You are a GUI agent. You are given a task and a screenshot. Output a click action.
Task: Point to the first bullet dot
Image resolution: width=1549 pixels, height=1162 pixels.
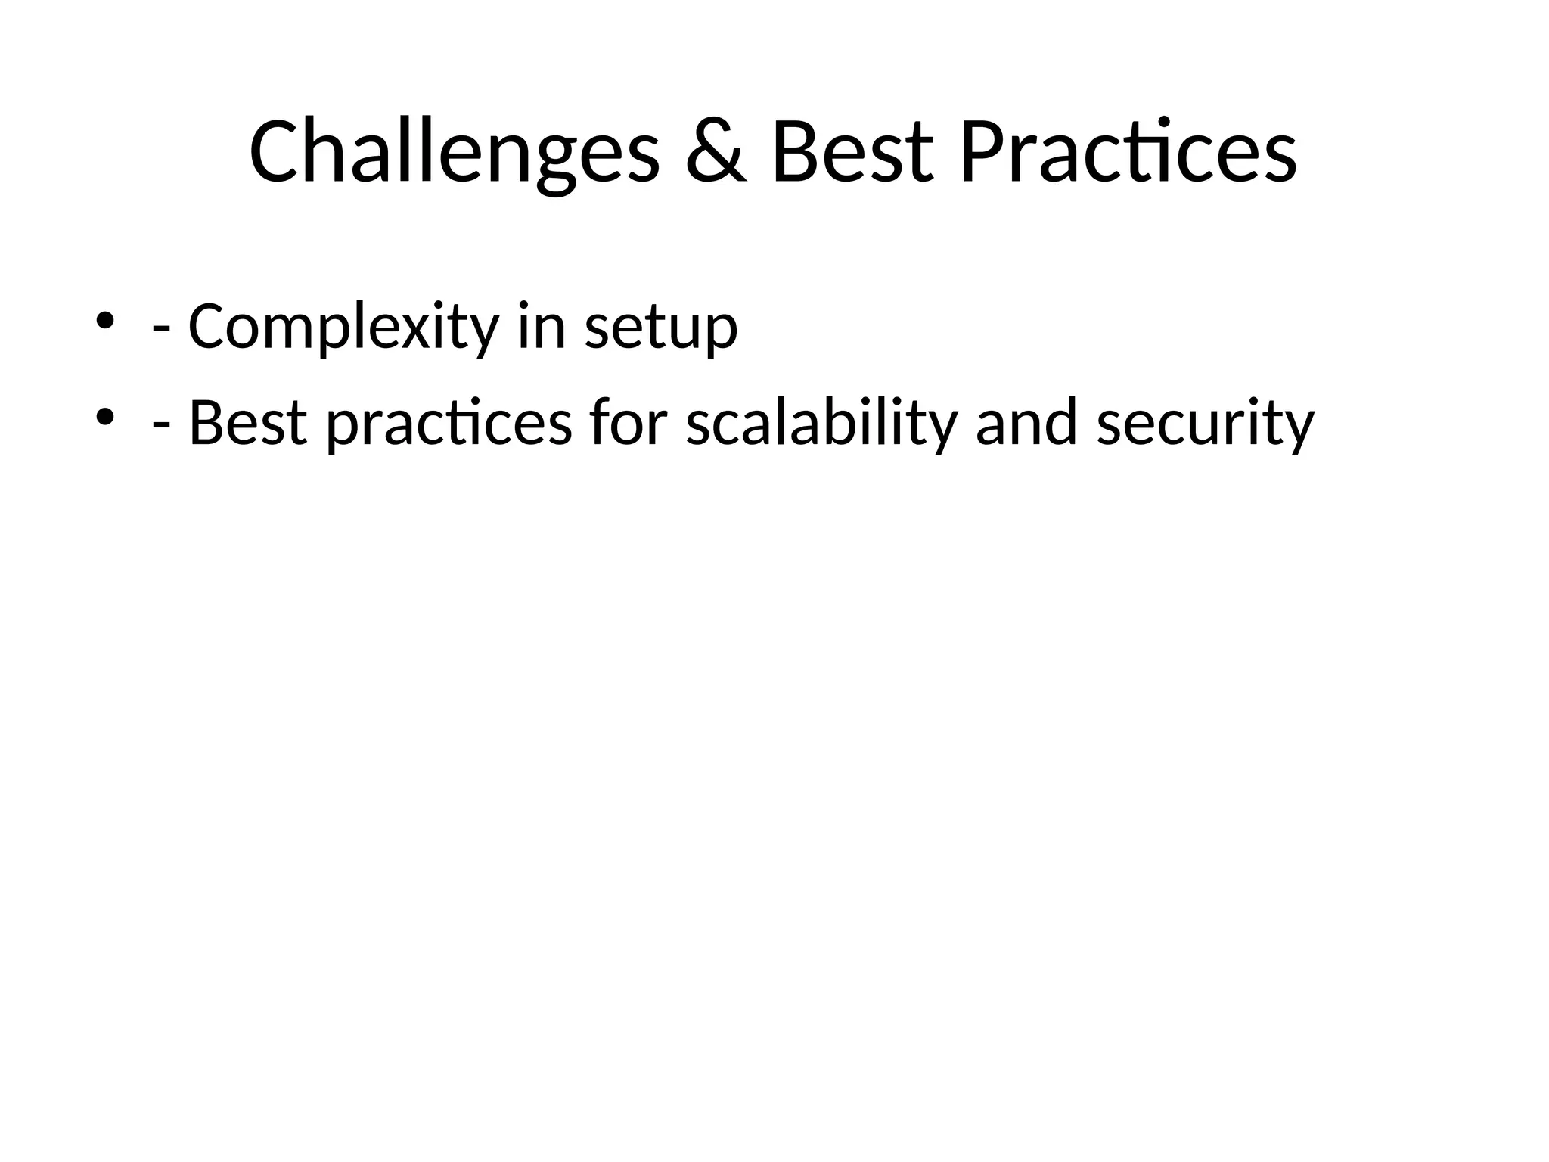coord(105,320)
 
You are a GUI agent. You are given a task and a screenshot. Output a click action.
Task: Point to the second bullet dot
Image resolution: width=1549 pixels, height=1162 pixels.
coord(105,416)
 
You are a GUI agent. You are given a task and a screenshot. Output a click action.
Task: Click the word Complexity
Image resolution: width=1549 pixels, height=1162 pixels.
coord(343,327)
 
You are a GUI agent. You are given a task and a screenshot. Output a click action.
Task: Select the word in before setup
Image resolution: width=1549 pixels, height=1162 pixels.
coord(542,327)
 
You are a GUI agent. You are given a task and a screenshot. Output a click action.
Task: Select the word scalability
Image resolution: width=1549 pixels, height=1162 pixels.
coord(821,424)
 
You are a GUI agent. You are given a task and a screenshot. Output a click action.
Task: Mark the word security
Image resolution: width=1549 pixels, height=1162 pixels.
coord(1206,424)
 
